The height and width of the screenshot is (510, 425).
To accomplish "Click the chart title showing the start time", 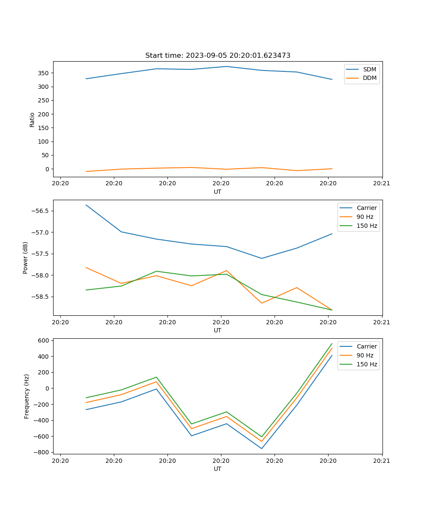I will [218, 56].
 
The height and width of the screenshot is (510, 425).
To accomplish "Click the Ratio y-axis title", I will [32, 119].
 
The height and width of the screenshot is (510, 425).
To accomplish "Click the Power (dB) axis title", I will [25, 258].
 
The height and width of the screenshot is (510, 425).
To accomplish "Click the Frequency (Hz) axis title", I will [27, 396].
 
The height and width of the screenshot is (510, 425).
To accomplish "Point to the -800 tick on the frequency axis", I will [42, 452].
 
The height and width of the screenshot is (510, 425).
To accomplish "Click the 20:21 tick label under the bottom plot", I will [382, 460].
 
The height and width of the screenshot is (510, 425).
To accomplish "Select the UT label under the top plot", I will [218, 192].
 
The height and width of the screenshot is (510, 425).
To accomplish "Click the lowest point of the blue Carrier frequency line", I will [261, 448].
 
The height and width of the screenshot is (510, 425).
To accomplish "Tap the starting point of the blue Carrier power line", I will [86, 205].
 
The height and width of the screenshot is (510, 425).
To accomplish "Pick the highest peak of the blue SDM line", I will [227, 66].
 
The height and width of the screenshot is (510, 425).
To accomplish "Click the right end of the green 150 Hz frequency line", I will [332, 343].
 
